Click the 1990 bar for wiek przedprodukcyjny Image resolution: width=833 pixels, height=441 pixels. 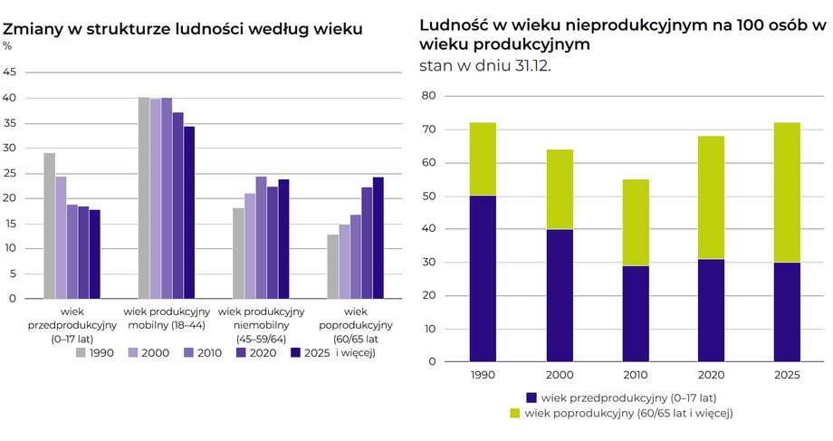click(49, 225)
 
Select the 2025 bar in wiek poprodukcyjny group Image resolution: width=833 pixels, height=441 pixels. click(378, 237)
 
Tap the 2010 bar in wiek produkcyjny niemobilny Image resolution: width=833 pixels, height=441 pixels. click(261, 237)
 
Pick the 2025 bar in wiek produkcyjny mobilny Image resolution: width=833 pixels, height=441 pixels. click(189, 212)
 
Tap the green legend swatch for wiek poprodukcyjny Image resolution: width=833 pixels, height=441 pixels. click(515, 413)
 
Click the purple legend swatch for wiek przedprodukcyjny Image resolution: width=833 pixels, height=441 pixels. click(531, 398)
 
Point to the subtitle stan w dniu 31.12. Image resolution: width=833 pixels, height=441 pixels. click(484, 65)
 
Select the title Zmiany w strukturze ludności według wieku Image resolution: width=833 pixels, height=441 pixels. click(183, 29)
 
